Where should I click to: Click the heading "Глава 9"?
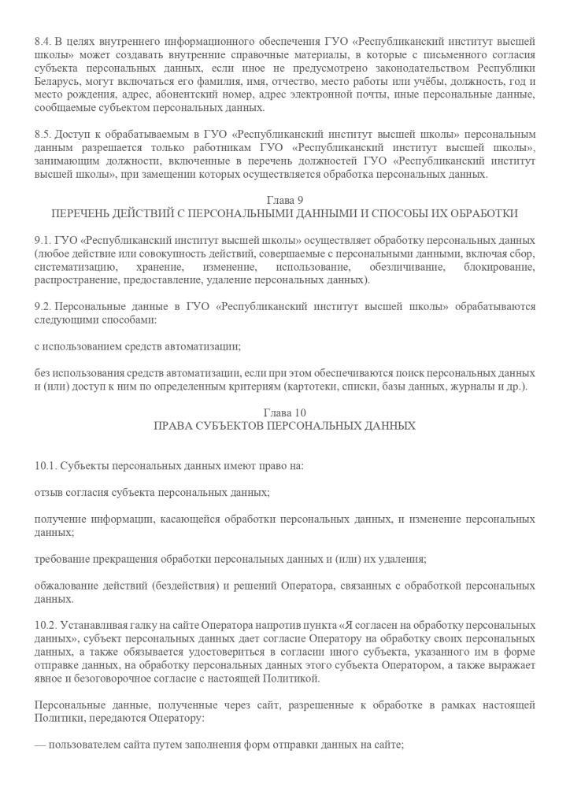click(284, 200)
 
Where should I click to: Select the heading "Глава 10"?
click(284, 412)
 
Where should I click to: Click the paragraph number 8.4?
click(44, 40)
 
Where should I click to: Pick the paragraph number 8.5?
click(44, 135)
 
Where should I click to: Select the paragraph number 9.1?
click(44, 239)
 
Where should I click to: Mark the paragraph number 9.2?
click(44, 306)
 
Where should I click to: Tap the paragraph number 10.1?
click(46, 466)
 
